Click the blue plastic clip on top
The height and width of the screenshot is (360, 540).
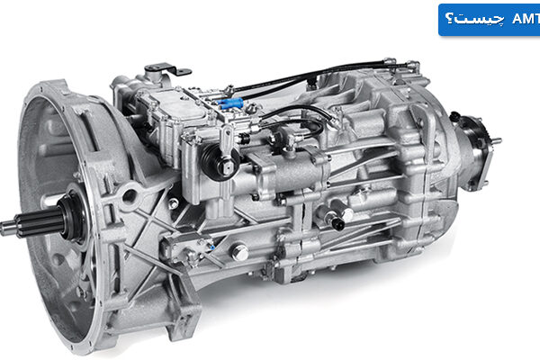coord(230,103)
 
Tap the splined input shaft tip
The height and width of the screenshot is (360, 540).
coord(7,228)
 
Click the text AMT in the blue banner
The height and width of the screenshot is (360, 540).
coord(526,19)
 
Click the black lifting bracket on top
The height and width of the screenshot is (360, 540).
coord(167,69)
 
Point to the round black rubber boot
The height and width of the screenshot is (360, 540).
coord(220,162)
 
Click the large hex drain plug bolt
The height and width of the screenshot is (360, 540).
coord(240,253)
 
